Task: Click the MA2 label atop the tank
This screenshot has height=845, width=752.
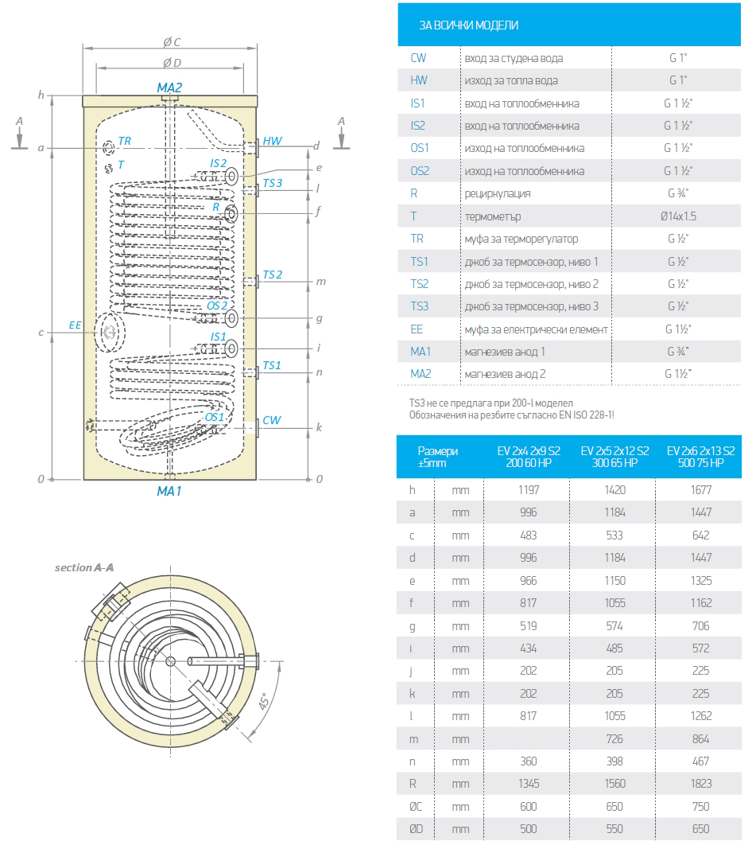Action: coord(169,88)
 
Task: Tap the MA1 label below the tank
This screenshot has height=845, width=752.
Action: coord(169,492)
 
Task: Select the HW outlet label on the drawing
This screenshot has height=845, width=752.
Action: coord(273,142)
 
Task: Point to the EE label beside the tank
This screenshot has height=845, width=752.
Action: coord(76,325)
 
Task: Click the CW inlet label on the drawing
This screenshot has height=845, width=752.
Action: coord(272,420)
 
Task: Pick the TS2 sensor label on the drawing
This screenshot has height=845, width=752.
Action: coord(273,275)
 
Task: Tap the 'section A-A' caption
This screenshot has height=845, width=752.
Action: coord(83,568)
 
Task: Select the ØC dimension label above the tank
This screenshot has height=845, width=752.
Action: coord(172,41)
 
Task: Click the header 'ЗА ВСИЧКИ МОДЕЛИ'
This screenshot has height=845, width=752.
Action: coord(469,25)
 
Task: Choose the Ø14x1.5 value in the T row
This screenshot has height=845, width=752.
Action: coord(677,216)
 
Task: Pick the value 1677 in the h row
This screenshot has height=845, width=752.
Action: coord(700,490)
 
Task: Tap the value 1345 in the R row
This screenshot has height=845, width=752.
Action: coord(529,784)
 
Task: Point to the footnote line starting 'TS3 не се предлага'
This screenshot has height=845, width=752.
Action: coord(490,403)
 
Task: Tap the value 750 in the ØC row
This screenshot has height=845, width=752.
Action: coord(700,806)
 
